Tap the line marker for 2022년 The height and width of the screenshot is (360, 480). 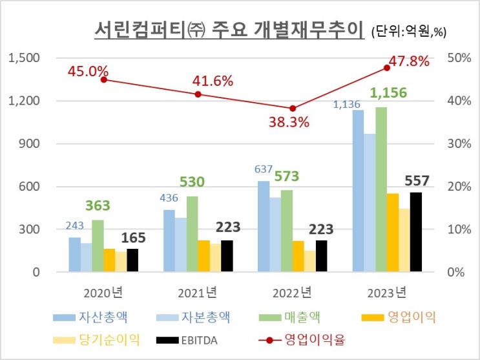click(x=293, y=109)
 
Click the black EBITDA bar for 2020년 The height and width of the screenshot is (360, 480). click(x=132, y=260)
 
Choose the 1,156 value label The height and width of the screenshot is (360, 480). click(x=388, y=93)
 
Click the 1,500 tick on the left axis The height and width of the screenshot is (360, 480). click(x=24, y=58)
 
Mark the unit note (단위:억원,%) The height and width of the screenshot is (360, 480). click(x=410, y=30)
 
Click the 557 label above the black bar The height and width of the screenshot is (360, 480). click(x=416, y=181)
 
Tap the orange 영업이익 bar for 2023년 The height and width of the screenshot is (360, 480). click(x=393, y=232)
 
